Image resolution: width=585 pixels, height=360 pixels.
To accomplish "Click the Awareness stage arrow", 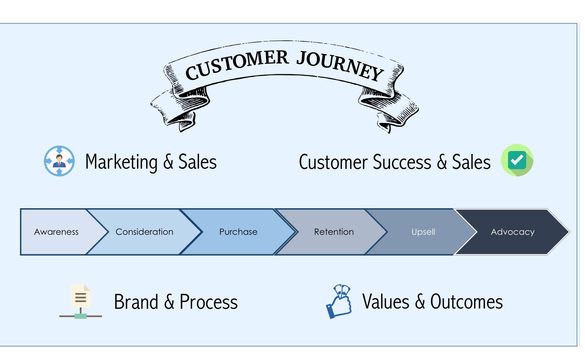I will click(56, 232).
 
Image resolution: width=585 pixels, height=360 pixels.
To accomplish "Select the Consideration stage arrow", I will click(143, 232).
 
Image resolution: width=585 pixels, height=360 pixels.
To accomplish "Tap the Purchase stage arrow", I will click(238, 232).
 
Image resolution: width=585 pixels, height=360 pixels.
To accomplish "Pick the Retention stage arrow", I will click(333, 232).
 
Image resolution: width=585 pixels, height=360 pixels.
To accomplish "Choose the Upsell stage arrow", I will click(422, 232).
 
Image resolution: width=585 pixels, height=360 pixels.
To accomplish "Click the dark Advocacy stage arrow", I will click(512, 232).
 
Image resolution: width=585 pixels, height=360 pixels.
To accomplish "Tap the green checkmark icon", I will click(517, 161).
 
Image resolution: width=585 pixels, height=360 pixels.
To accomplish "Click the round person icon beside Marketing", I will click(59, 161).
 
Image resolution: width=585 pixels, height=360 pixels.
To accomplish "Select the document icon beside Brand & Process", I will click(80, 300).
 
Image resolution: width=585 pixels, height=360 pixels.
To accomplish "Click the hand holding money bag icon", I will click(339, 300).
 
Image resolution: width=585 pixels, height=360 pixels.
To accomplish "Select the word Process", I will click(208, 301).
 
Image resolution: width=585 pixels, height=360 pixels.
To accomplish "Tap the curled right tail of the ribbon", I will click(399, 111).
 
